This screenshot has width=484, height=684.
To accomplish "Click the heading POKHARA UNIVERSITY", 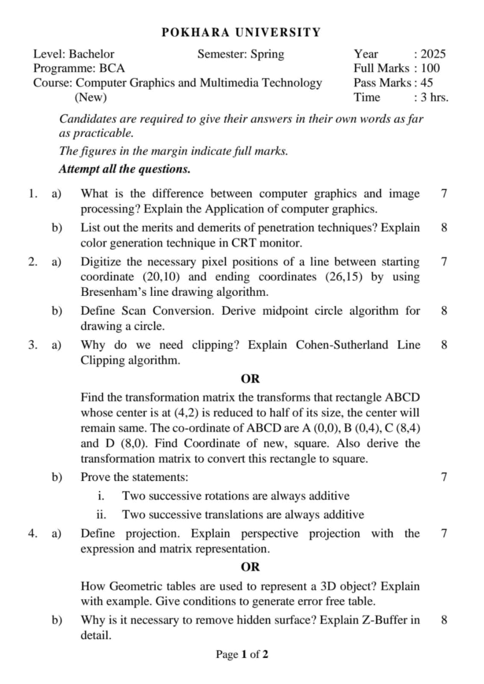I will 241,32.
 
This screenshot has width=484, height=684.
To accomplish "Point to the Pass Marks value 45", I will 425,83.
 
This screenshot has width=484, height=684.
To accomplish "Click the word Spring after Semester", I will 266,54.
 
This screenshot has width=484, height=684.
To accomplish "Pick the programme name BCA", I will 112,68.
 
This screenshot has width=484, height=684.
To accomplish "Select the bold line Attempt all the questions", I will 124,168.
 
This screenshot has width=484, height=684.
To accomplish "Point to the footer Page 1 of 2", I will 242,655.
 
